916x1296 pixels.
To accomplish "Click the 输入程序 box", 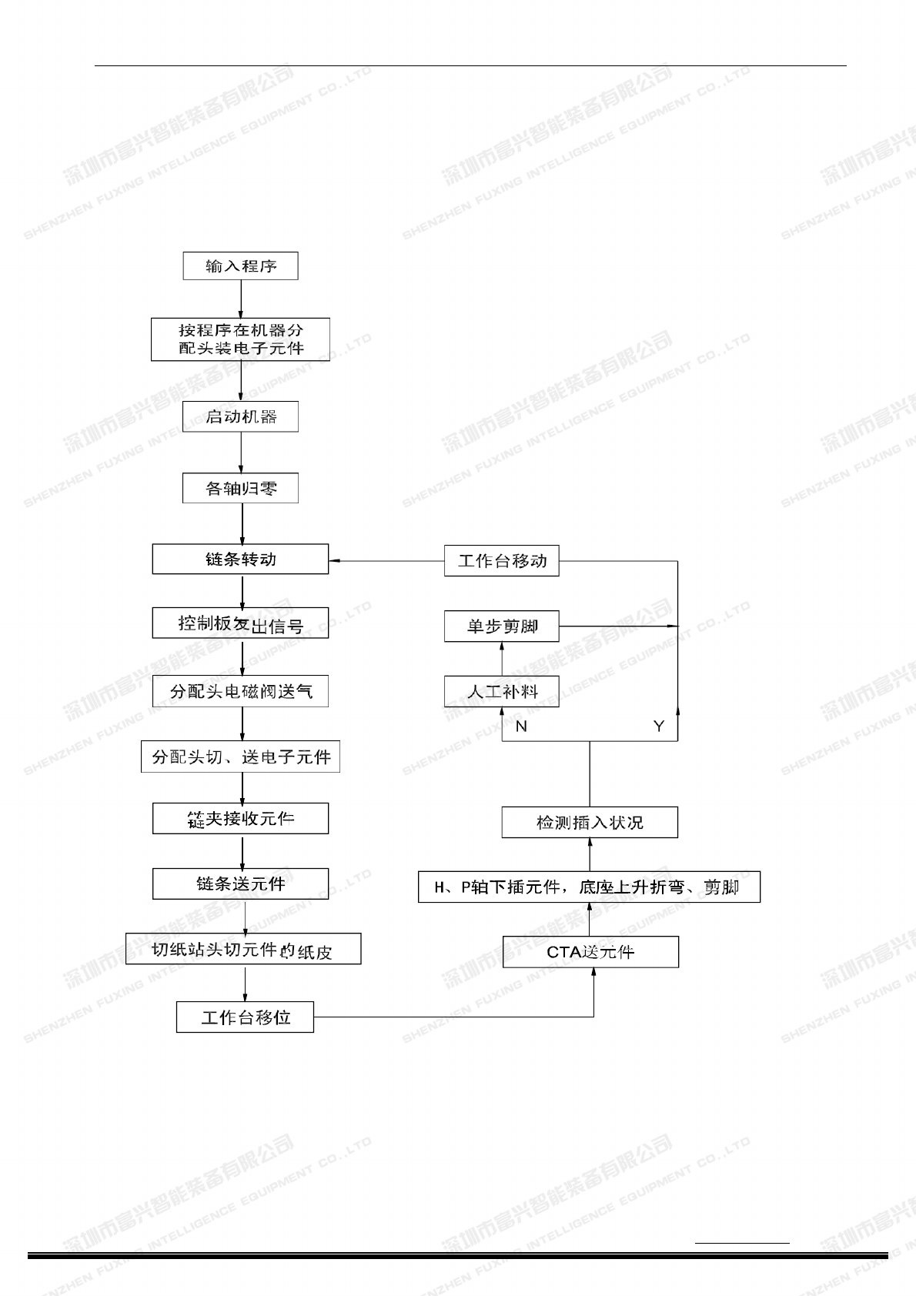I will [x=240, y=266].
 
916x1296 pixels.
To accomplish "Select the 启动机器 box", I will [x=240, y=417].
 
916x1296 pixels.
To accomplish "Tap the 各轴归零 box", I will [x=240, y=488].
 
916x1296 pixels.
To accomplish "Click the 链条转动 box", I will [x=240, y=559].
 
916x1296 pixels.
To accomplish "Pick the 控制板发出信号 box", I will [x=240, y=623].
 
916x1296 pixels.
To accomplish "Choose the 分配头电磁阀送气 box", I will [x=240, y=691].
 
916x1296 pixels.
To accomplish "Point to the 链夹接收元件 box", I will [x=240, y=819].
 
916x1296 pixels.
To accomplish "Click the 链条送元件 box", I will [x=240, y=883].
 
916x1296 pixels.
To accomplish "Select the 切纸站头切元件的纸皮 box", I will [x=243, y=950].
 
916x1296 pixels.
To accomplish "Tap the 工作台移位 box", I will [x=245, y=1017].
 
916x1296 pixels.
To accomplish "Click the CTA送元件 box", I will [x=590, y=952].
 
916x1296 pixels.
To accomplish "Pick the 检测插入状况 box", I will [x=590, y=823].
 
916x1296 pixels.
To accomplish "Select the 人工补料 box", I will [x=502, y=691].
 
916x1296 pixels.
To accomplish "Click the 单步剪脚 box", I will [x=502, y=626].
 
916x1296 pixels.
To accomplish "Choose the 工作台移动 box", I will [x=502, y=561].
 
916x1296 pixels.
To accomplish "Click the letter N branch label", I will [x=522, y=726].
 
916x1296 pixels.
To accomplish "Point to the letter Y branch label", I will [x=659, y=726].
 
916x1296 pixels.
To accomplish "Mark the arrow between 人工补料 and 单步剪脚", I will [x=502, y=659].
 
